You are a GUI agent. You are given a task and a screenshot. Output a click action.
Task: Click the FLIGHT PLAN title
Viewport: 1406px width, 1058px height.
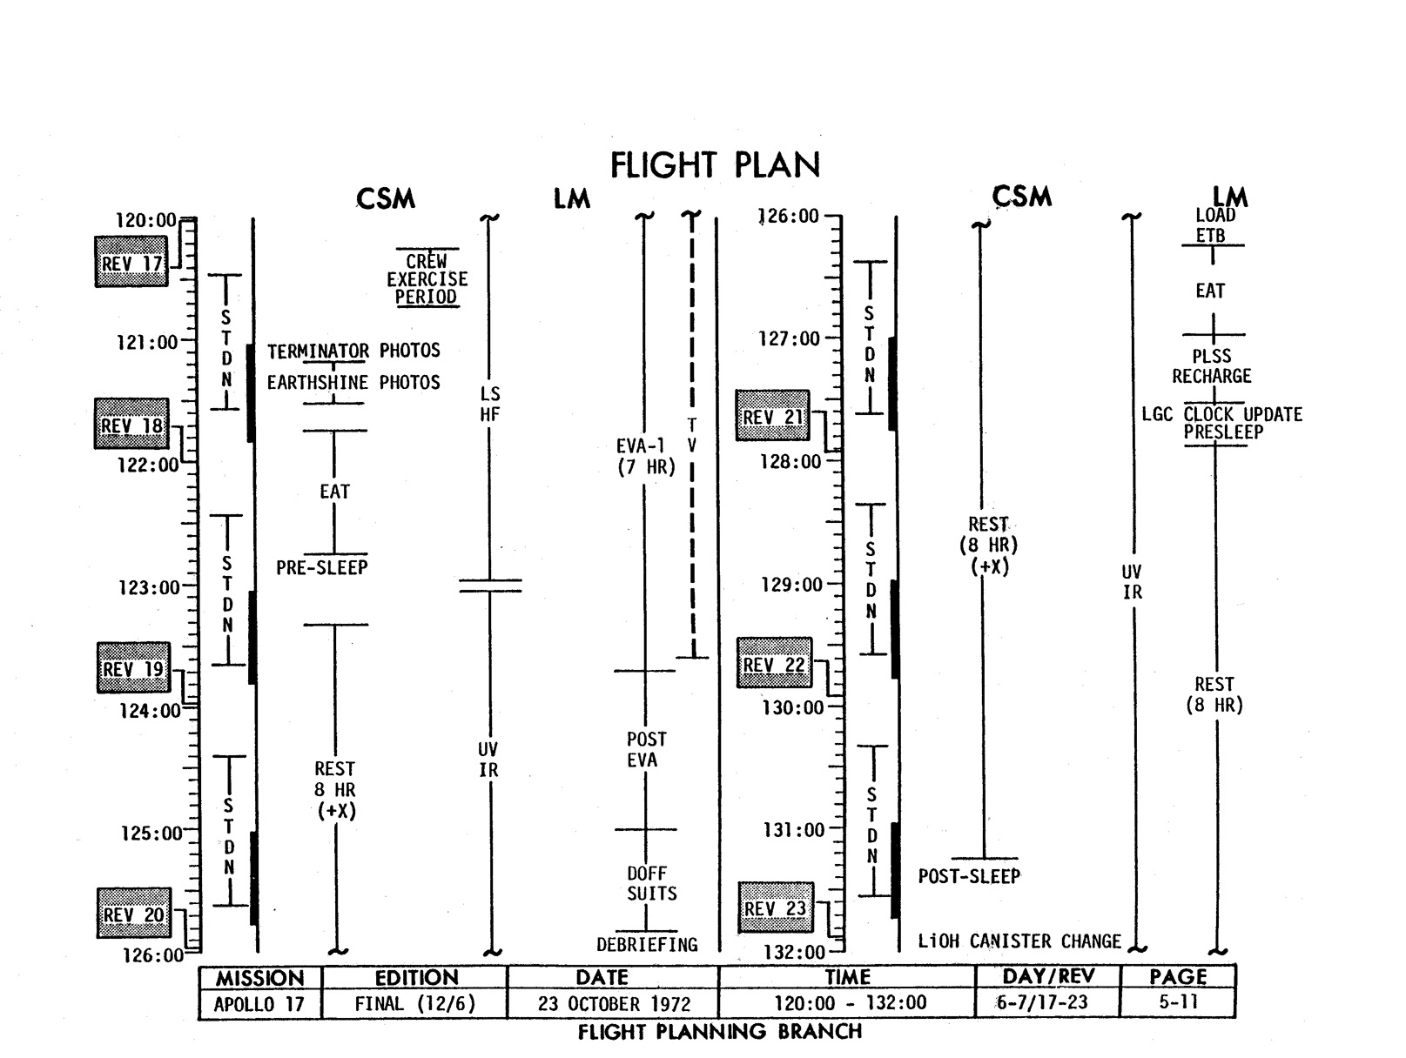[x=715, y=165]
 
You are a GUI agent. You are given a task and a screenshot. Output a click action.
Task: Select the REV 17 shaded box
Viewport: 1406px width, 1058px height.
[x=131, y=262]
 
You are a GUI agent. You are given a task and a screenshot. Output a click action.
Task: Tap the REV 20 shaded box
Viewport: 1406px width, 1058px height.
[x=133, y=914]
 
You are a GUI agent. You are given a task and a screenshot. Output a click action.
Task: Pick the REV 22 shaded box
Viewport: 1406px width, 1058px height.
[x=774, y=665]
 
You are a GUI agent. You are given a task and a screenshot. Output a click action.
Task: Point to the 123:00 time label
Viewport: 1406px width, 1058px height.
[x=149, y=587]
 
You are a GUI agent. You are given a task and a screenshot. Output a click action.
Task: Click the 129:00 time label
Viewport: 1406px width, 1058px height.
[x=791, y=585]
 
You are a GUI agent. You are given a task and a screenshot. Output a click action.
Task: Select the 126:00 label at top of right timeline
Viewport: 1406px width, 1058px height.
[x=790, y=216]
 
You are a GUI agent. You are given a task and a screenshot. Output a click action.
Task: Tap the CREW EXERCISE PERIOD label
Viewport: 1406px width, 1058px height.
[x=427, y=278]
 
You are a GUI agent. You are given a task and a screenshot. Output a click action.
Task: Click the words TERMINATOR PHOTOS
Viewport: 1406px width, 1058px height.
[x=353, y=351]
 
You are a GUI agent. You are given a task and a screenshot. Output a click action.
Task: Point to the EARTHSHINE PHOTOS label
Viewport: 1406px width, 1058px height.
[x=353, y=382]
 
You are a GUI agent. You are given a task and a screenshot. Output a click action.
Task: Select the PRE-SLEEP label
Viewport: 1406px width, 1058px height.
[x=322, y=567]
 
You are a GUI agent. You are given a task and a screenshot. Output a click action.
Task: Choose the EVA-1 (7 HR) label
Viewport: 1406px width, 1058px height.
[x=645, y=457]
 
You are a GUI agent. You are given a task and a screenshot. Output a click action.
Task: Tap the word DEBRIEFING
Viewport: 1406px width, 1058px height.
[x=647, y=944]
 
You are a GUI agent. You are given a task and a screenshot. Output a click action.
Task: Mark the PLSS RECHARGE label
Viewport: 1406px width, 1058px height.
[x=1211, y=366]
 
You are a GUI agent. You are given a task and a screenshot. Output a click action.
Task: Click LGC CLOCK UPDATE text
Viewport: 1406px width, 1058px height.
[x=1221, y=414]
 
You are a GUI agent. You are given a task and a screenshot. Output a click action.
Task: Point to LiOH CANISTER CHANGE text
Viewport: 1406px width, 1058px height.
[x=1019, y=941]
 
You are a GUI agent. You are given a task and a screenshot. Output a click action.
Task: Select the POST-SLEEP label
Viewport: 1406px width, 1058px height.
[x=969, y=876]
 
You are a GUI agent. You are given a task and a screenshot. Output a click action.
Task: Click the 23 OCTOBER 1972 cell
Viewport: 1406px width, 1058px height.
[x=614, y=1003]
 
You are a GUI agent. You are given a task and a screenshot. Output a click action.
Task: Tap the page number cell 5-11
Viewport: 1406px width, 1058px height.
[x=1178, y=1001]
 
